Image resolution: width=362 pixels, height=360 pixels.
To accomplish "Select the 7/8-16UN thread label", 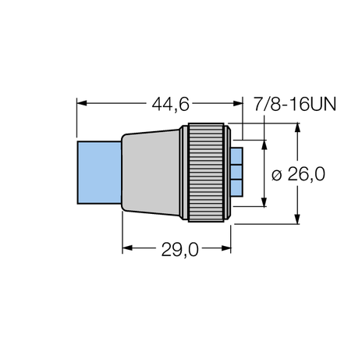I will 295,103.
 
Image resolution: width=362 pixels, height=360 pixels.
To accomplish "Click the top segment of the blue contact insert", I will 237,155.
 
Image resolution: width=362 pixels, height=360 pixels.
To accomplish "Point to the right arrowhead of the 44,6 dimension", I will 240,103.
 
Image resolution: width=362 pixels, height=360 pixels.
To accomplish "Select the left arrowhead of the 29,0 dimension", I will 127,249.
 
